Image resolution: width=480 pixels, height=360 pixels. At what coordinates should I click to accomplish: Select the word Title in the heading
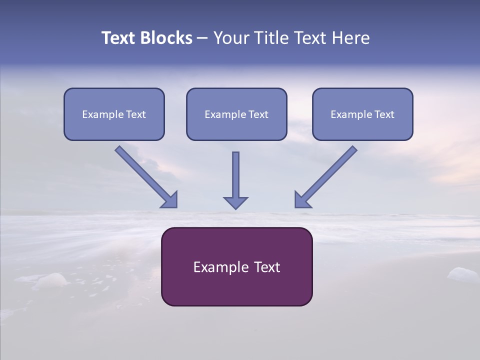271,38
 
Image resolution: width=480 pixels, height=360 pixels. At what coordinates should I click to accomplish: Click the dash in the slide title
202,38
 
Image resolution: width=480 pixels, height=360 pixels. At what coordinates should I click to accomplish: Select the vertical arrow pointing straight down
235,175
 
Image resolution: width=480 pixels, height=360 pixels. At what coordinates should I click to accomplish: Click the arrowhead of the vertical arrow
235,202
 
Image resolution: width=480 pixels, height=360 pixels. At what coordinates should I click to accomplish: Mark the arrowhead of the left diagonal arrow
170,200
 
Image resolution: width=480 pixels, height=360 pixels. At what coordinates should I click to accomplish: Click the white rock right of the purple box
462,274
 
